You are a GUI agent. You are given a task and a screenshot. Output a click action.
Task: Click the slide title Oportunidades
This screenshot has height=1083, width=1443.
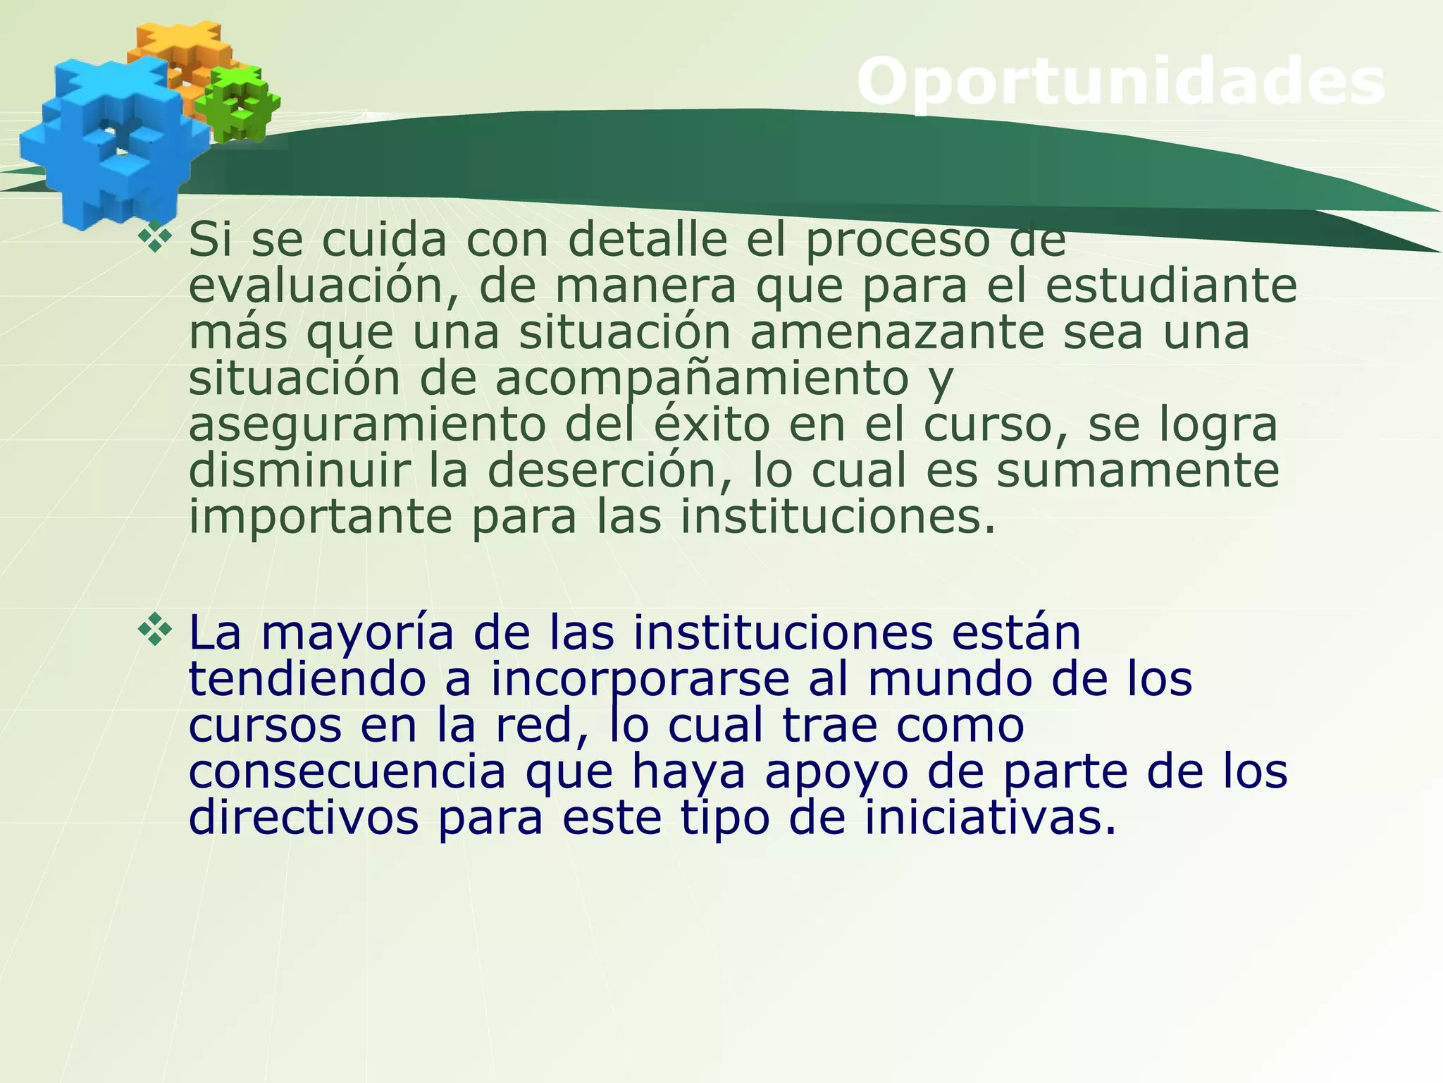(x=1120, y=83)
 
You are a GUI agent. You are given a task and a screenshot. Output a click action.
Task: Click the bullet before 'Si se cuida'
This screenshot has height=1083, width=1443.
(x=154, y=237)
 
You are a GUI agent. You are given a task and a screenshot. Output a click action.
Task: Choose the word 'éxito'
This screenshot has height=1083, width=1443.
(x=712, y=424)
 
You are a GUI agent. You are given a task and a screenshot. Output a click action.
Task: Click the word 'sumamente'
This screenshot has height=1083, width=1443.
(x=1137, y=470)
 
